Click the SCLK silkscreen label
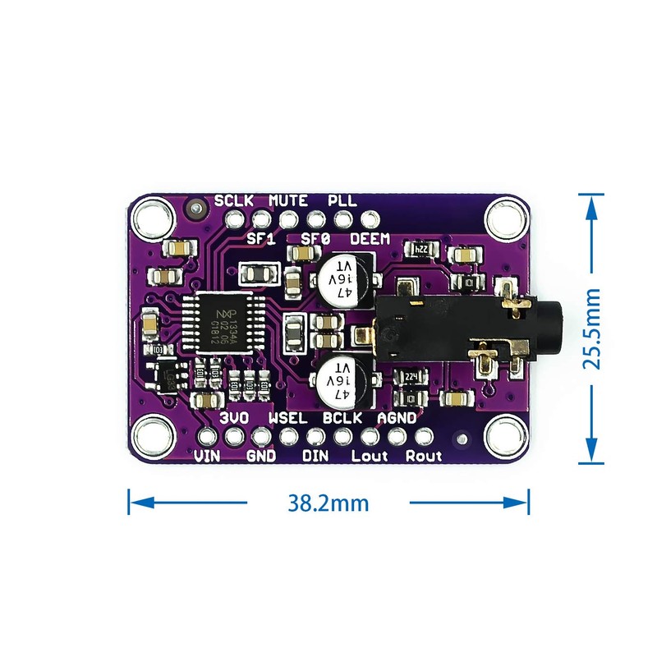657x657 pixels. tap(235, 200)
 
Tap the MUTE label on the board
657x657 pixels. tap(288, 200)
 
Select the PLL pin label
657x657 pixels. tap(342, 200)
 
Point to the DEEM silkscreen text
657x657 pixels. tap(371, 239)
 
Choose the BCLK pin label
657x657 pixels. tap(342, 418)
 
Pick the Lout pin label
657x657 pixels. tap(370, 455)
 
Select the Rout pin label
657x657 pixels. tap(424, 455)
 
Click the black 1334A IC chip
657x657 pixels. tap(220, 324)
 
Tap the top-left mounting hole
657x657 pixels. tap(152, 219)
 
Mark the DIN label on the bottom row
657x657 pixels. tap(316, 455)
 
